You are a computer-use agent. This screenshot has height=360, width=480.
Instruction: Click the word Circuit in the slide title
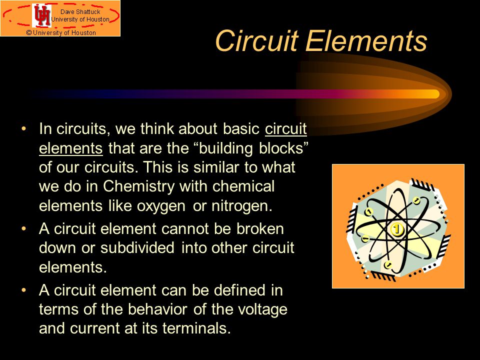click(257, 40)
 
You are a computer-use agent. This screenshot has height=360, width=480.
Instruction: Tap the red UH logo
click(42, 15)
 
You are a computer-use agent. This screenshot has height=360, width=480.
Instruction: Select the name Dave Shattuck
click(80, 12)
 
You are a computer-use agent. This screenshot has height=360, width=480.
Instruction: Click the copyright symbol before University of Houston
click(29, 33)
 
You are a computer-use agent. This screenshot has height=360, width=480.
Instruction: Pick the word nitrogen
click(242, 205)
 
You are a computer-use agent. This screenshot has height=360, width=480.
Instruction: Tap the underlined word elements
click(70, 148)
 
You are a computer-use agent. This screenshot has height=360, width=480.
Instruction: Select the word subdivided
click(137, 247)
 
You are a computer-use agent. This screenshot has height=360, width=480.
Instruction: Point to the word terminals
click(196, 328)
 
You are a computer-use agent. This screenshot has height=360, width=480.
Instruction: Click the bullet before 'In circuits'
click(24, 128)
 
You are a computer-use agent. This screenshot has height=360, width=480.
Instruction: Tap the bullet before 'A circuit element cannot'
click(24, 228)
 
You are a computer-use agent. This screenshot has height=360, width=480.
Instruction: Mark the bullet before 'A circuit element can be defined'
click(24, 290)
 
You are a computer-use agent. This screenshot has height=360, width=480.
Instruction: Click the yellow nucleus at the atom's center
click(396, 229)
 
